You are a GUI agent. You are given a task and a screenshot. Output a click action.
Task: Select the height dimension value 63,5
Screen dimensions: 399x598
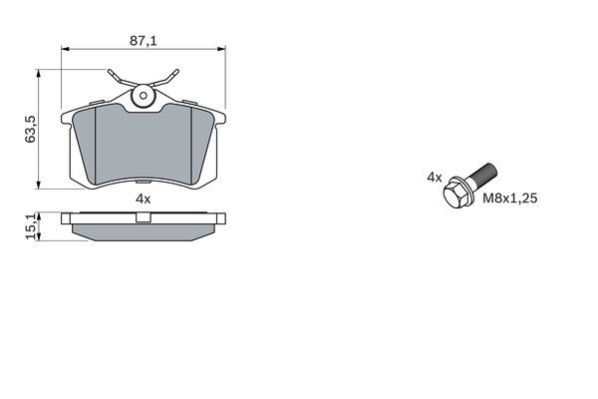point(32,130)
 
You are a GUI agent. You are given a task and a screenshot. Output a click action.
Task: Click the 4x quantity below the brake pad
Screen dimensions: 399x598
point(143,199)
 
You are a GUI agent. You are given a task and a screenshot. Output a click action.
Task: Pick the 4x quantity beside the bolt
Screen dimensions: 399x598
point(434,177)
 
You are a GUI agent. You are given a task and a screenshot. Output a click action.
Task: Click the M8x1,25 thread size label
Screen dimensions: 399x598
point(510,199)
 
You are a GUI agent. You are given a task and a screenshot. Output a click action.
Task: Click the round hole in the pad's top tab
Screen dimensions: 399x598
point(143,98)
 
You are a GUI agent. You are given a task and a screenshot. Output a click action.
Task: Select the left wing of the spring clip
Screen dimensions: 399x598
point(116,77)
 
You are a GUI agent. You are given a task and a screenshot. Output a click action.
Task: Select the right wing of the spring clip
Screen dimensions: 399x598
point(170,77)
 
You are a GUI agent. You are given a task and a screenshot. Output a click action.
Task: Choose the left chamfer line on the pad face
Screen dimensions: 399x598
point(93,145)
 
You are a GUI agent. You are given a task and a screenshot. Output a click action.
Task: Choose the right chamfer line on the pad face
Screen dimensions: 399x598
point(191,145)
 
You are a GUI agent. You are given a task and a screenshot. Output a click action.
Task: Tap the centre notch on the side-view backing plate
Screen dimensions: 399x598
point(143,215)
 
